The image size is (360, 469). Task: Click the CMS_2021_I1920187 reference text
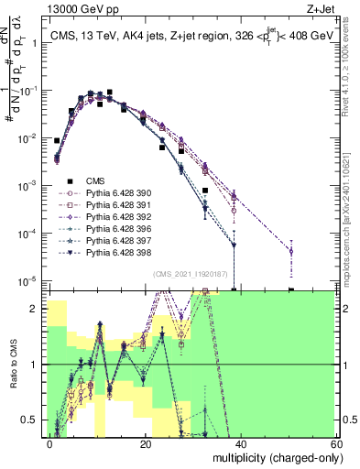(187, 274)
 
